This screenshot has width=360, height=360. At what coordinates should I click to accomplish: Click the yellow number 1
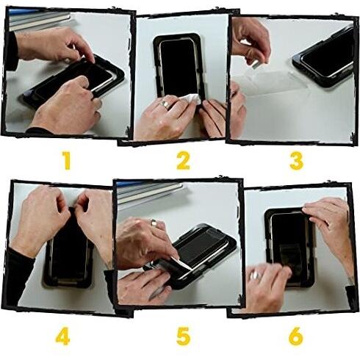tap(67, 159)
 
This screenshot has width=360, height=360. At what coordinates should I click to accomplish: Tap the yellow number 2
tap(183, 159)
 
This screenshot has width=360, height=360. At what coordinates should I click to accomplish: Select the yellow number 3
tap(296, 159)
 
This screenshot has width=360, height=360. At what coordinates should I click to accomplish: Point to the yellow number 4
tap(63, 337)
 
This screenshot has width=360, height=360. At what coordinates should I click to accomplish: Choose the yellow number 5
tap(182, 337)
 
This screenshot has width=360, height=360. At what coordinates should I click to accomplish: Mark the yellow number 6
tap(295, 337)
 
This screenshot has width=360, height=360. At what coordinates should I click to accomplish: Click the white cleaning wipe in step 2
tap(190, 101)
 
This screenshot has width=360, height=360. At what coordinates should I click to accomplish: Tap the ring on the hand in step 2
tap(167, 105)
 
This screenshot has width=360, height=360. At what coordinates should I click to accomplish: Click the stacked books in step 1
tap(37, 20)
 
